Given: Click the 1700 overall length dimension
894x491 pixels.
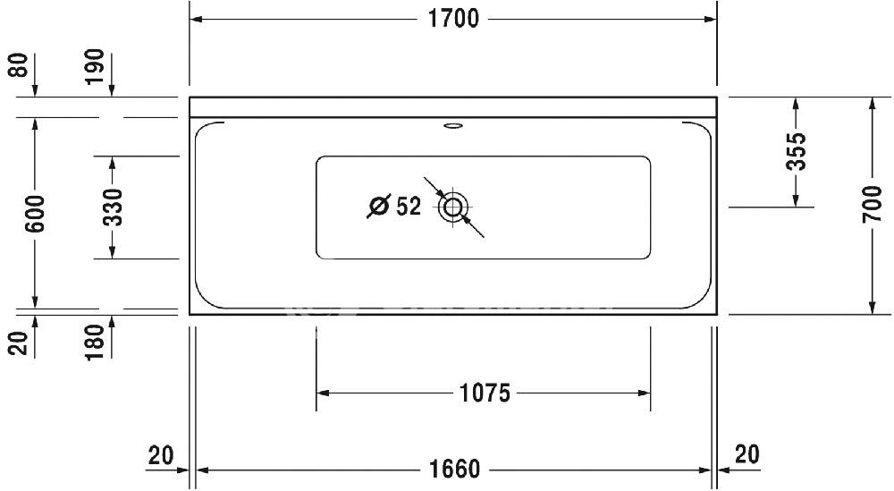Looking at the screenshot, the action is pos(453,19).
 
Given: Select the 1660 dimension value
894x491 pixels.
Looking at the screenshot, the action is pos(454,470).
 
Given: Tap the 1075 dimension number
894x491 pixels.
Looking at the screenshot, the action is pos(485,393).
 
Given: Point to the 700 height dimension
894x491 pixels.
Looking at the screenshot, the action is pos(873,204).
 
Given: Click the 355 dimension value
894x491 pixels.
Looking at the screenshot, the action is pos(796,151).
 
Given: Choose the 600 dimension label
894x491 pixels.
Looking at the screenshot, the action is pos(36,213).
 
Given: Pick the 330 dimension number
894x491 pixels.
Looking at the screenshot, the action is pos(113,207).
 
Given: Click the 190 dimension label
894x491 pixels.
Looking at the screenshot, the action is pos(95,67).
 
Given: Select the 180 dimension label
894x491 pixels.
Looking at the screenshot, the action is pos(95,343).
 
